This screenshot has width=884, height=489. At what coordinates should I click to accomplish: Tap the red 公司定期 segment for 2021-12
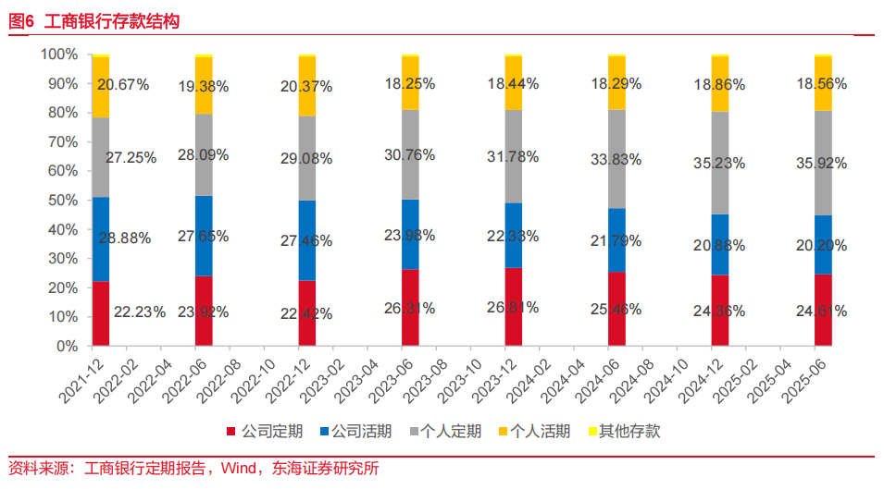pos(100,313)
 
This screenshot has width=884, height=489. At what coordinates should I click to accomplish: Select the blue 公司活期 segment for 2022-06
pos(204,236)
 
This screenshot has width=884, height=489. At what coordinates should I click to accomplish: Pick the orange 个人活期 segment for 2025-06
pos(823,83)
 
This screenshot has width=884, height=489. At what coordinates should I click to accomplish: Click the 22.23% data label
pos(140,312)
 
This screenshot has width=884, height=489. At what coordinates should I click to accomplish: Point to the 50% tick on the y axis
pos(61,201)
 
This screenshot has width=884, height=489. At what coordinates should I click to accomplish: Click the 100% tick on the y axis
pos(58,55)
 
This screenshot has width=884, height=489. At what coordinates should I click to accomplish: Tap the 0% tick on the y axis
pos(65,347)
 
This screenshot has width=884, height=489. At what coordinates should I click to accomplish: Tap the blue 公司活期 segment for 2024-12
pos(720,245)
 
